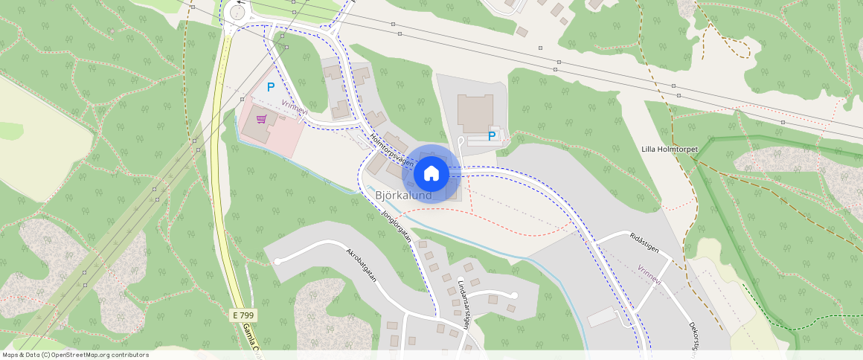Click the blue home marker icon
point(431,173)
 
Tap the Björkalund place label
point(404,196)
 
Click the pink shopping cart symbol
point(261,118)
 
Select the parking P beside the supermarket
point(271,87)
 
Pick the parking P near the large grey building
point(491,136)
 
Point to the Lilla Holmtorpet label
point(670,150)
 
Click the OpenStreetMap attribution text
point(75,355)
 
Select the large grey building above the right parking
point(475,112)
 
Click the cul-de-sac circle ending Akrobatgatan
point(277,261)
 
